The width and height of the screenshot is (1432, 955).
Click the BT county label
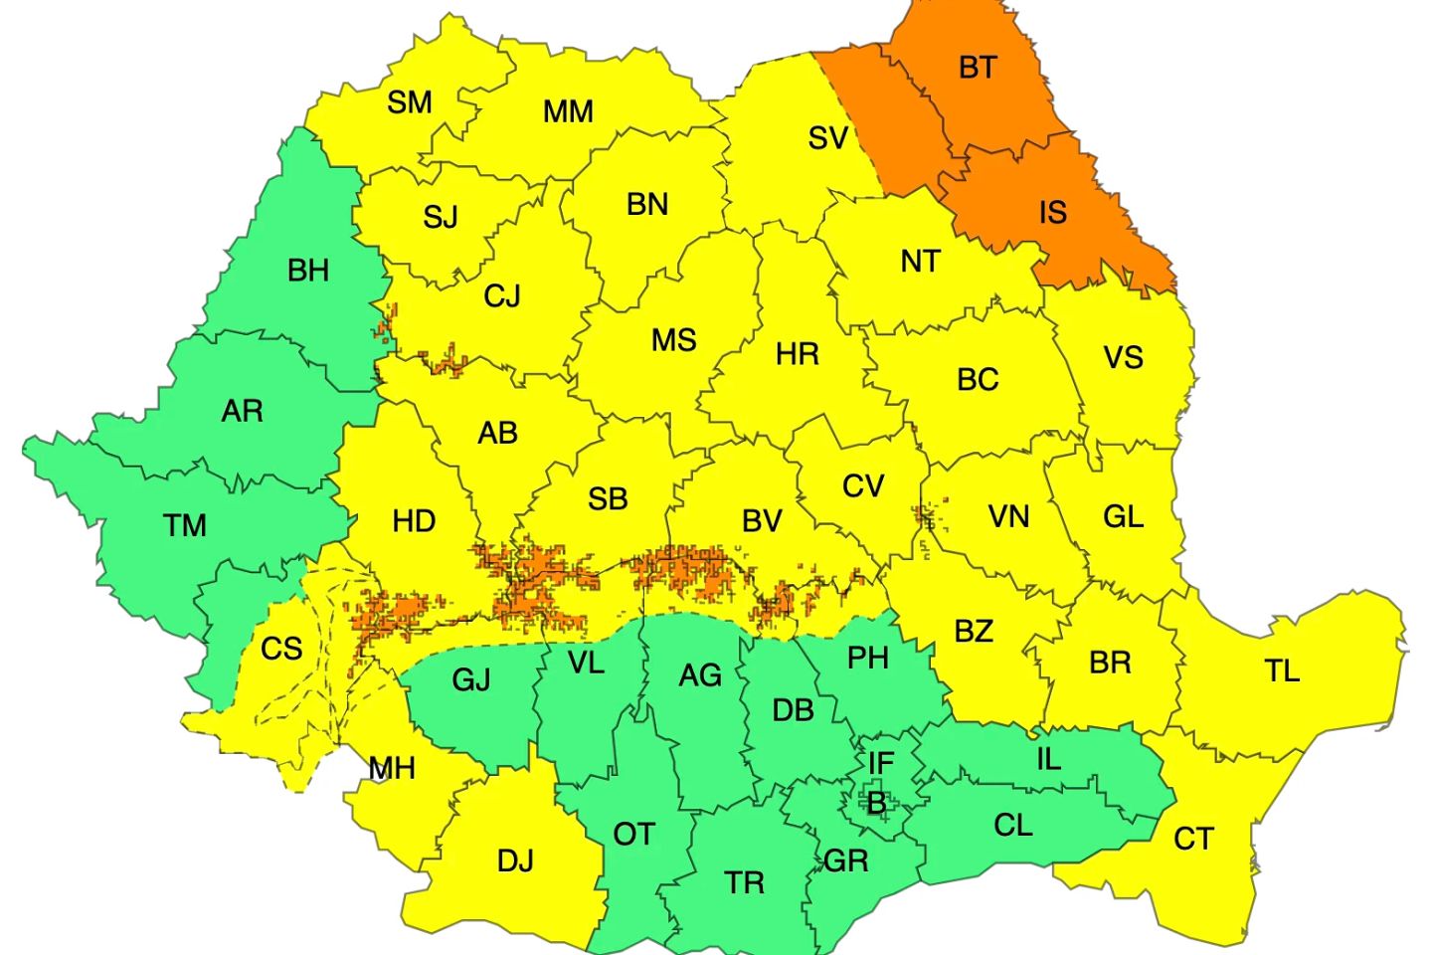click(977, 68)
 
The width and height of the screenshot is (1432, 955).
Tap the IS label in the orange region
click(1052, 212)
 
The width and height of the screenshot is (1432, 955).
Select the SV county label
click(828, 138)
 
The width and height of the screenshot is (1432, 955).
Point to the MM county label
click(568, 111)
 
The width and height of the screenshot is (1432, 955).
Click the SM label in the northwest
click(410, 102)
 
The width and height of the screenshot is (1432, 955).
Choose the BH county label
click(307, 271)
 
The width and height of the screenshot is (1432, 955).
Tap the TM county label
click(185, 525)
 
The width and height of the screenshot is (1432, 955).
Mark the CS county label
click(281, 650)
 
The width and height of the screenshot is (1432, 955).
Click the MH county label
click(392, 769)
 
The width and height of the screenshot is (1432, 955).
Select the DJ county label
click(515, 860)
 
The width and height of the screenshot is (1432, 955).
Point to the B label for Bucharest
click(876, 802)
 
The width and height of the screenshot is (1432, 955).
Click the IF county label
click(881, 764)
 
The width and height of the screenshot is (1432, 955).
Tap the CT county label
click(1193, 840)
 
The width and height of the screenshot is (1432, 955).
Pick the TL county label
click(1282, 671)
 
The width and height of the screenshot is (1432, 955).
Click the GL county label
click(1123, 517)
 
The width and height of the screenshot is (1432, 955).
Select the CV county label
click(862, 486)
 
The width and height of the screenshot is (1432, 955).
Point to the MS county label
click(673, 341)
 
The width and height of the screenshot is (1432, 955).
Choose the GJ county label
click(471, 680)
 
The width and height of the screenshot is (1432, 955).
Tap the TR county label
click(744, 882)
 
